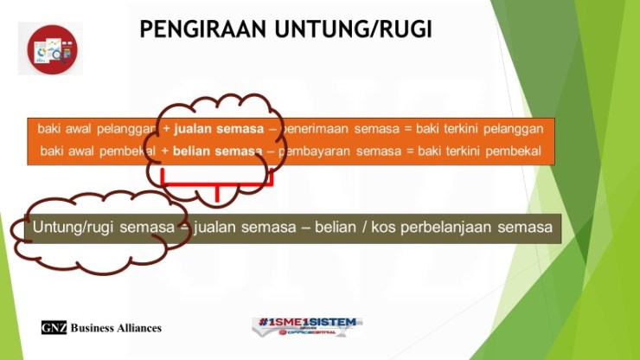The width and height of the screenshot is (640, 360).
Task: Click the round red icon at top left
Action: (x=51, y=49)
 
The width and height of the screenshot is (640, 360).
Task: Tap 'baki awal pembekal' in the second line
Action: (x=98, y=151)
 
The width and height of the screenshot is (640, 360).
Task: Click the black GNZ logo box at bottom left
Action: (x=54, y=328)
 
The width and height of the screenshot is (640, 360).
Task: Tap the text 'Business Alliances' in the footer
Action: (x=116, y=328)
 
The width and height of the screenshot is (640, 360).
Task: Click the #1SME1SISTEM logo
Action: (x=307, y=325)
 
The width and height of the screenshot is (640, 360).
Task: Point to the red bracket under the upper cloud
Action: (x=216, y=184)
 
